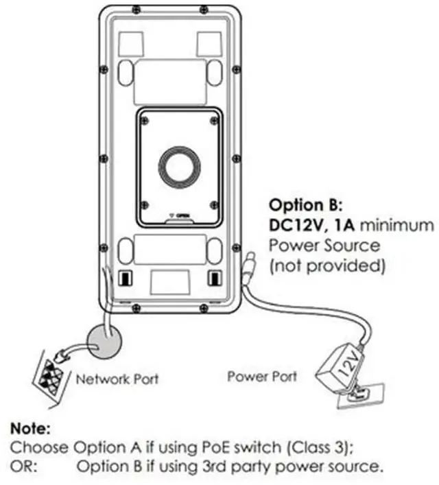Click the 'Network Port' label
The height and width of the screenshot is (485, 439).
tap(117, 378)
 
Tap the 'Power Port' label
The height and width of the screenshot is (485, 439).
tap(262, 376)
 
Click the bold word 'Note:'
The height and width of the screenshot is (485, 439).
tap(30, 429)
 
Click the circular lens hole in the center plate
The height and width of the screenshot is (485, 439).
tap(180, 167)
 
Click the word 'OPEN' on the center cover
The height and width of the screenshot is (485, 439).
tap(182, 215)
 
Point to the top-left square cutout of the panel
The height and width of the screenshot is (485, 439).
tap(130, 43)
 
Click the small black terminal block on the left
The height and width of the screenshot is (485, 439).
tap(126, 277)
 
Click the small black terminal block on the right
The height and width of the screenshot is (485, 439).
tap(214, 277)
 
